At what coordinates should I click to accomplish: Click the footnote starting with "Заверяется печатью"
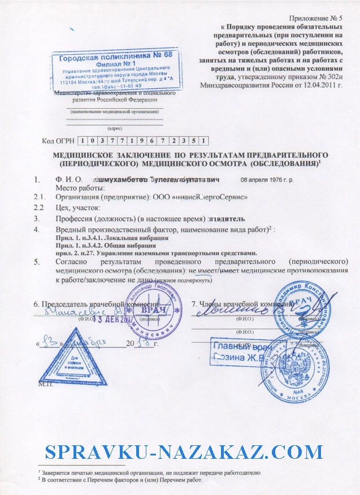click(150, 471)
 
